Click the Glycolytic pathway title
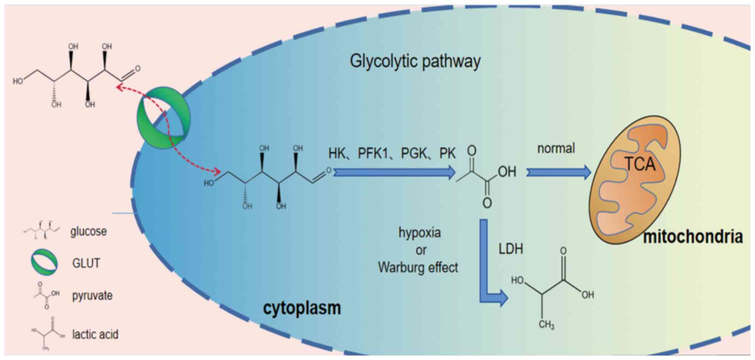tap(415, 61)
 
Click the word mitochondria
tap(693, 237)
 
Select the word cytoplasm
tap(302, 308)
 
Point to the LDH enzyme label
tap(511, 249)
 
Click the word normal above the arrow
tap(556, 149)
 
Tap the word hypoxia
tap(419, 233)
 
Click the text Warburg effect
tap(418, 267)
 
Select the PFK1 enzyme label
tap(372, 153)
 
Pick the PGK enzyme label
tap(414, 153)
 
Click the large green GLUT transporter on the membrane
tap(163, 118)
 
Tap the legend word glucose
tap(88, 231)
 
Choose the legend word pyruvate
tap(92, 296)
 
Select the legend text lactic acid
tap(95, 334)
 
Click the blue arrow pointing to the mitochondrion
tap(558, 172)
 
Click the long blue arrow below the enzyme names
tap(394, 172)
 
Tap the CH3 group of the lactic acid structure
tap(546, 325)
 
